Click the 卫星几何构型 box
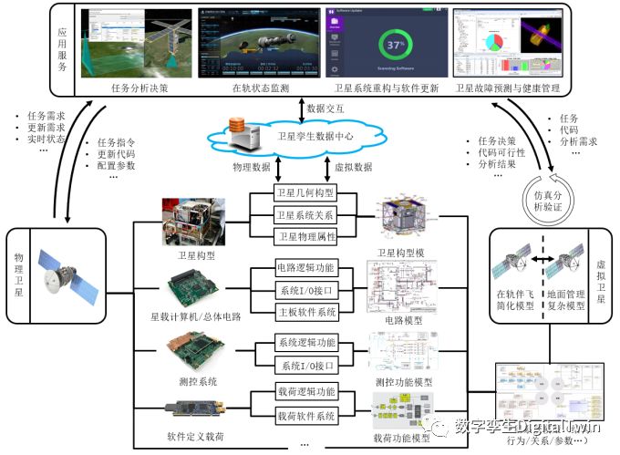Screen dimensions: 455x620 click(x=306, y=193)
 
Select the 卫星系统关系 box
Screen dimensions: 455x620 click(x=306, y=215)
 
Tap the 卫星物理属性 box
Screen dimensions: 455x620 click(x=306, y=236)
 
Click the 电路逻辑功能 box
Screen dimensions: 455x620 click(x=306, y=269)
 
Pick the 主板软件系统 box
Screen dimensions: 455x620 click(x=306, y=311)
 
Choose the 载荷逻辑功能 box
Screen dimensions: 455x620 click(x=306, y=392)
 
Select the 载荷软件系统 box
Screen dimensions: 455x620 click(x=306, y=415)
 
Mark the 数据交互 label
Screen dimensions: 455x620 click(x=327, y=108)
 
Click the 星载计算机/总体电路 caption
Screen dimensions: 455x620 click(x=195, y=317)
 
